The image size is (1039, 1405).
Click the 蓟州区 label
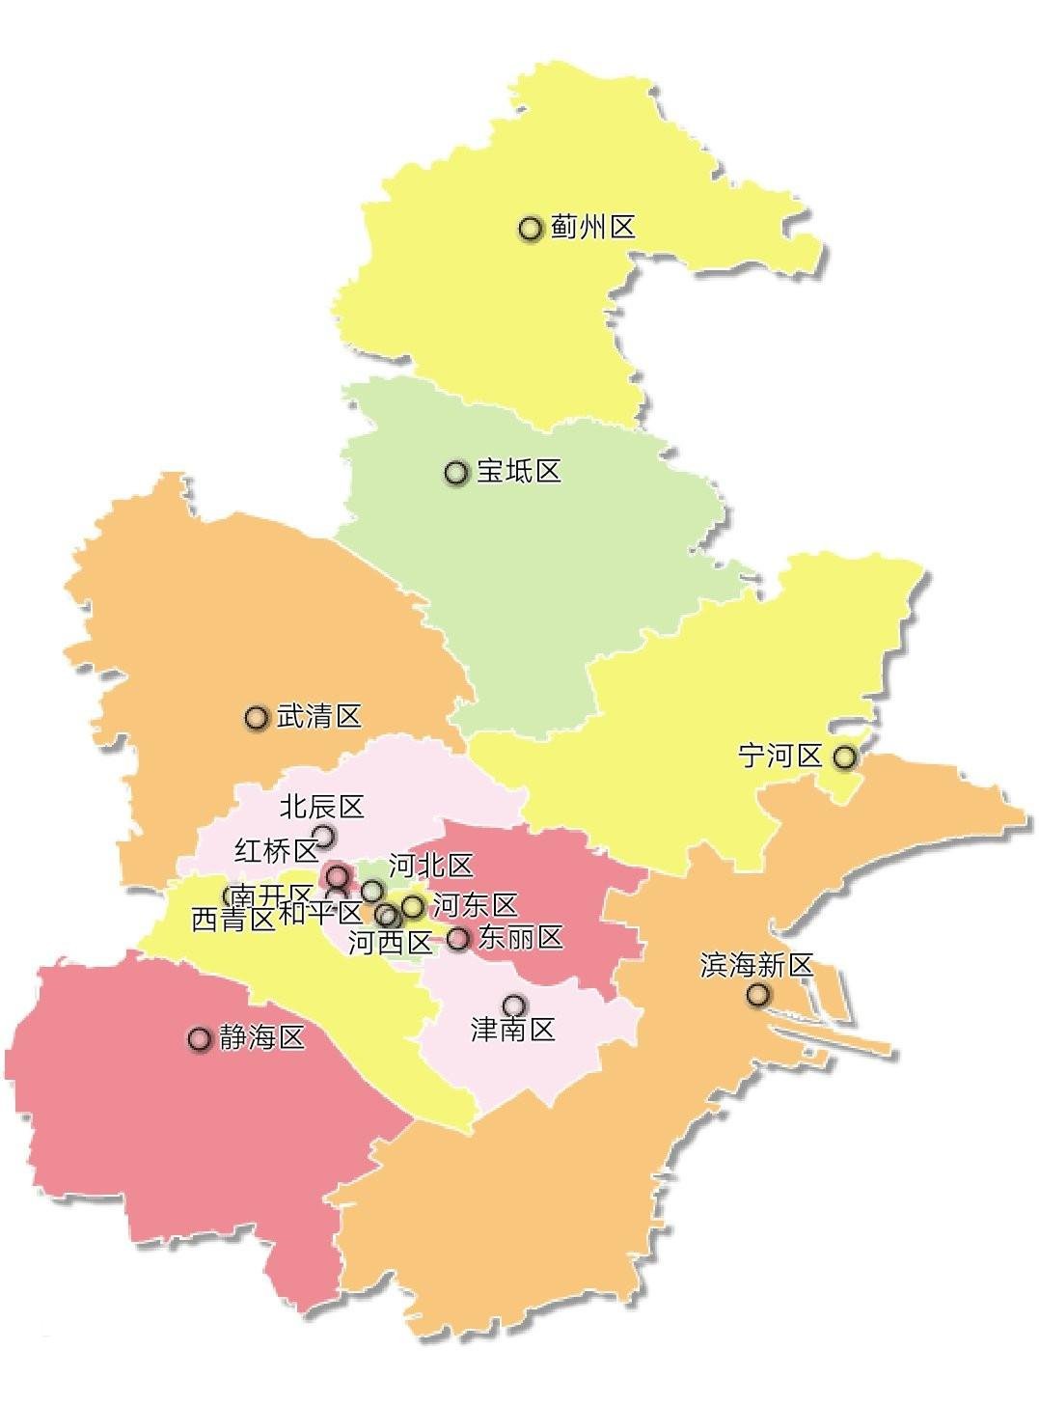coord(593,229)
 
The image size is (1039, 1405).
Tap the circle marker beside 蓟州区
coord(530,229)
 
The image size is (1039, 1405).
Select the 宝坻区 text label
coord(519,472)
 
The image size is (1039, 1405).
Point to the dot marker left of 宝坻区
coord(456,472)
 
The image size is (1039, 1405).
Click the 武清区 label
coord(319,716)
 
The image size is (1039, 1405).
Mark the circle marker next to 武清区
coord(257,717)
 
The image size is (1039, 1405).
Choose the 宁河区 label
coord(780,756)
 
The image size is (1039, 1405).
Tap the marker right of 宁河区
coord(845,757)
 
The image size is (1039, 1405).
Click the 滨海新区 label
coord(757,965)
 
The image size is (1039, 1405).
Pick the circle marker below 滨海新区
coord(758,994)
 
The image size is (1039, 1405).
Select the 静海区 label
coord(262,1038)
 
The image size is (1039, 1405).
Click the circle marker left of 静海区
coord(200,1038)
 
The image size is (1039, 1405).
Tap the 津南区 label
coord(513,1030)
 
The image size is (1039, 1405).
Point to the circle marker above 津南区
coord(514,1005)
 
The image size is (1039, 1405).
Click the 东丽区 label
coord(521,937)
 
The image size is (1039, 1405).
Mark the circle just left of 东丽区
coord(458,937)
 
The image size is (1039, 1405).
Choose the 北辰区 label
coord(322,806)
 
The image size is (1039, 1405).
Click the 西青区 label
coord(233,920)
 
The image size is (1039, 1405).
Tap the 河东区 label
coord(476,905)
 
